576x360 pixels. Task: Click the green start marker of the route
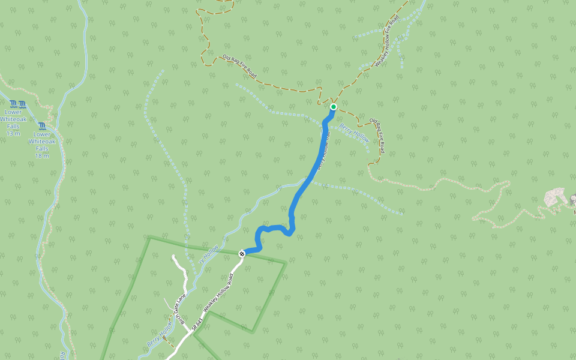coord(334,107)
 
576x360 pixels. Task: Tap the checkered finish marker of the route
coord(242,254)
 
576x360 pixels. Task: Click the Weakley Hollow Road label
coord(218,293)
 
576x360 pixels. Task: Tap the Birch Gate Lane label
coord(178,308)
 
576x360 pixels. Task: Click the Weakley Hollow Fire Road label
coord(387,43)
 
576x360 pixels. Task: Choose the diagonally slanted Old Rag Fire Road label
coord(239,66)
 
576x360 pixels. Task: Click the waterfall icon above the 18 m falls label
coord(42,126)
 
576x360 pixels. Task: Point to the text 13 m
coord(13,133)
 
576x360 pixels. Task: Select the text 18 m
coord(42,155)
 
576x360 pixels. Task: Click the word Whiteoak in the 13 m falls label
coord(13,119)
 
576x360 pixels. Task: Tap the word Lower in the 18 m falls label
coord(42,134)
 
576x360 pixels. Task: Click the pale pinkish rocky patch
coord(555,197)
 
